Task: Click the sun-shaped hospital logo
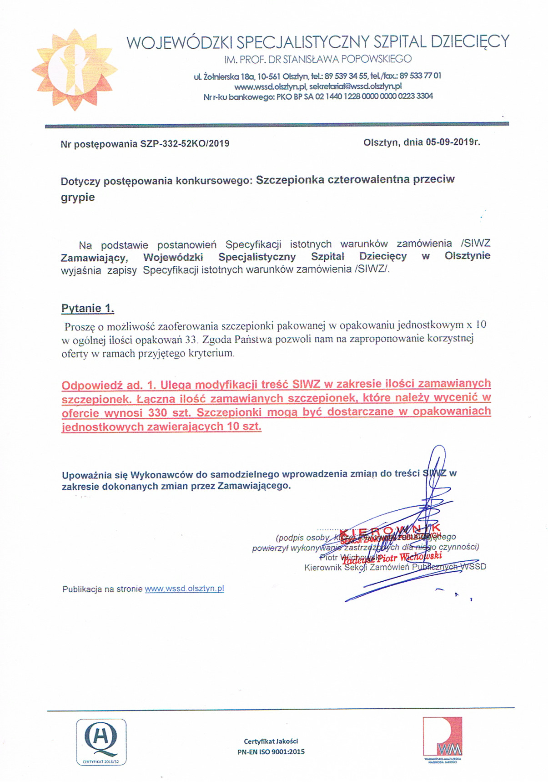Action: [74, 66]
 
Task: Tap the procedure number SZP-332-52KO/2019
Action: [185, 144]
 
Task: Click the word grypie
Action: [78, 198]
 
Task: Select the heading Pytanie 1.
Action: [88, 309]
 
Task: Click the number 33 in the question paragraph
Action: [191, 339]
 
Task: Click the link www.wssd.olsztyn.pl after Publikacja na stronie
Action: [184, 589]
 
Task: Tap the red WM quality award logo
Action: [442, 738]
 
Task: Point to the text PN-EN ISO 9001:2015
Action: [271, 752]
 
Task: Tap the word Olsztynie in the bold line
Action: [467, 255]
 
